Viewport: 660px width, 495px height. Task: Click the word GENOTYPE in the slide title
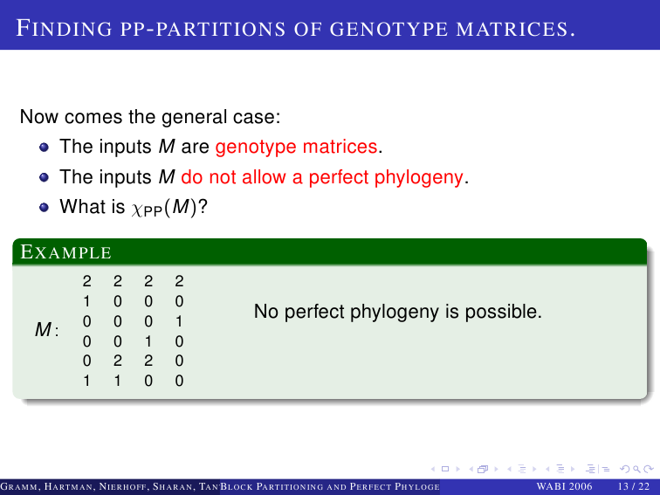(388, 29)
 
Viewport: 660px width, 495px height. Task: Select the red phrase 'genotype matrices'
(296, 147)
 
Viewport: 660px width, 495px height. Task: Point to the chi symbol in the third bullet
(137, 209)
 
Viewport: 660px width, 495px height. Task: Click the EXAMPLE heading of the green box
(65, 252)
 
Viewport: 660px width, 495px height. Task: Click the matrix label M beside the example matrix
(43, 330)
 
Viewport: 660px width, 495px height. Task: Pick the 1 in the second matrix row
(86, 301)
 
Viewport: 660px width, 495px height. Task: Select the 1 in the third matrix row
(179, 321)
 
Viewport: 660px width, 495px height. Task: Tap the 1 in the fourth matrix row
(148, 341)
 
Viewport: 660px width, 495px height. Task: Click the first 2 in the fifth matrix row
(118, 361)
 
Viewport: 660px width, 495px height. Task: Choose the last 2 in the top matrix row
(179, 281)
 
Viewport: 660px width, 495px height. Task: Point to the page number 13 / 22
(634, 486)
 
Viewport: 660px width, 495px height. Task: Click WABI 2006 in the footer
(564, 486)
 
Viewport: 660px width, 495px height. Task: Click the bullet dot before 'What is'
(44, 208)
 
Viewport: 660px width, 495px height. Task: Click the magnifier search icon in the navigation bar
(636, 469)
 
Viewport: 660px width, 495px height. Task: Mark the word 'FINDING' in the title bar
(64, 29)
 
